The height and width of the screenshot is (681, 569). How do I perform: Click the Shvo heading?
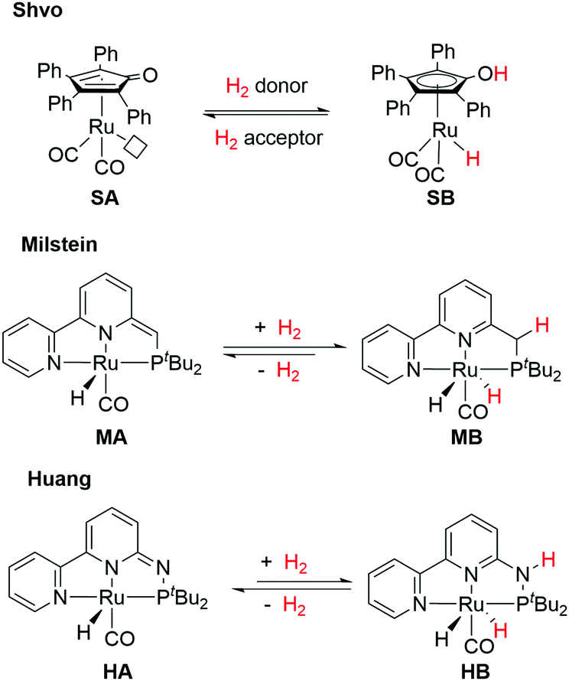(x=31, y=13)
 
